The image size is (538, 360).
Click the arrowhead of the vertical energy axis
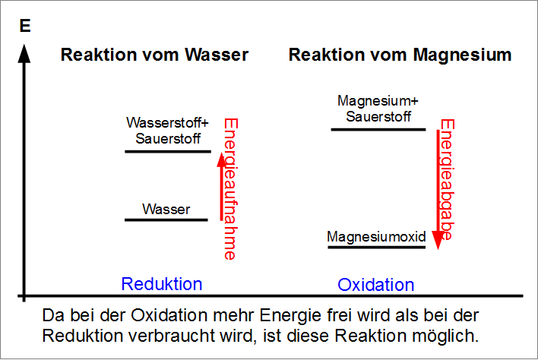[25, 55]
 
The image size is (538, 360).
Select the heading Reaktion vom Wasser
[154, 55]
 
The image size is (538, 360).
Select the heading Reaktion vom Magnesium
[400, 55]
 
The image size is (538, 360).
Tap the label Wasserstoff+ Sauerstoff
[167, 131]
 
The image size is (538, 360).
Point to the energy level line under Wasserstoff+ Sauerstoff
[167, 152]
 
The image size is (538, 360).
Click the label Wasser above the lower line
[166, 209]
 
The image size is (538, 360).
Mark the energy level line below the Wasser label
[166, 220]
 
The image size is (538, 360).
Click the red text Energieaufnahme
[231, 189]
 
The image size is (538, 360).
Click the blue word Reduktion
[162, 284]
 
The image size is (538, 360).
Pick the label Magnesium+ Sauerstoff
[378, 109]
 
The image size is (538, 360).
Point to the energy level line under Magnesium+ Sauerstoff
[378, 130]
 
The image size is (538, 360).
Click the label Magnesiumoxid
[376, 237]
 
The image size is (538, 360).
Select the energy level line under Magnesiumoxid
[376, 248]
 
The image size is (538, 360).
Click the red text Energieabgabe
[448, 181]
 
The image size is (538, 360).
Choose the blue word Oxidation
[376, 286]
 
